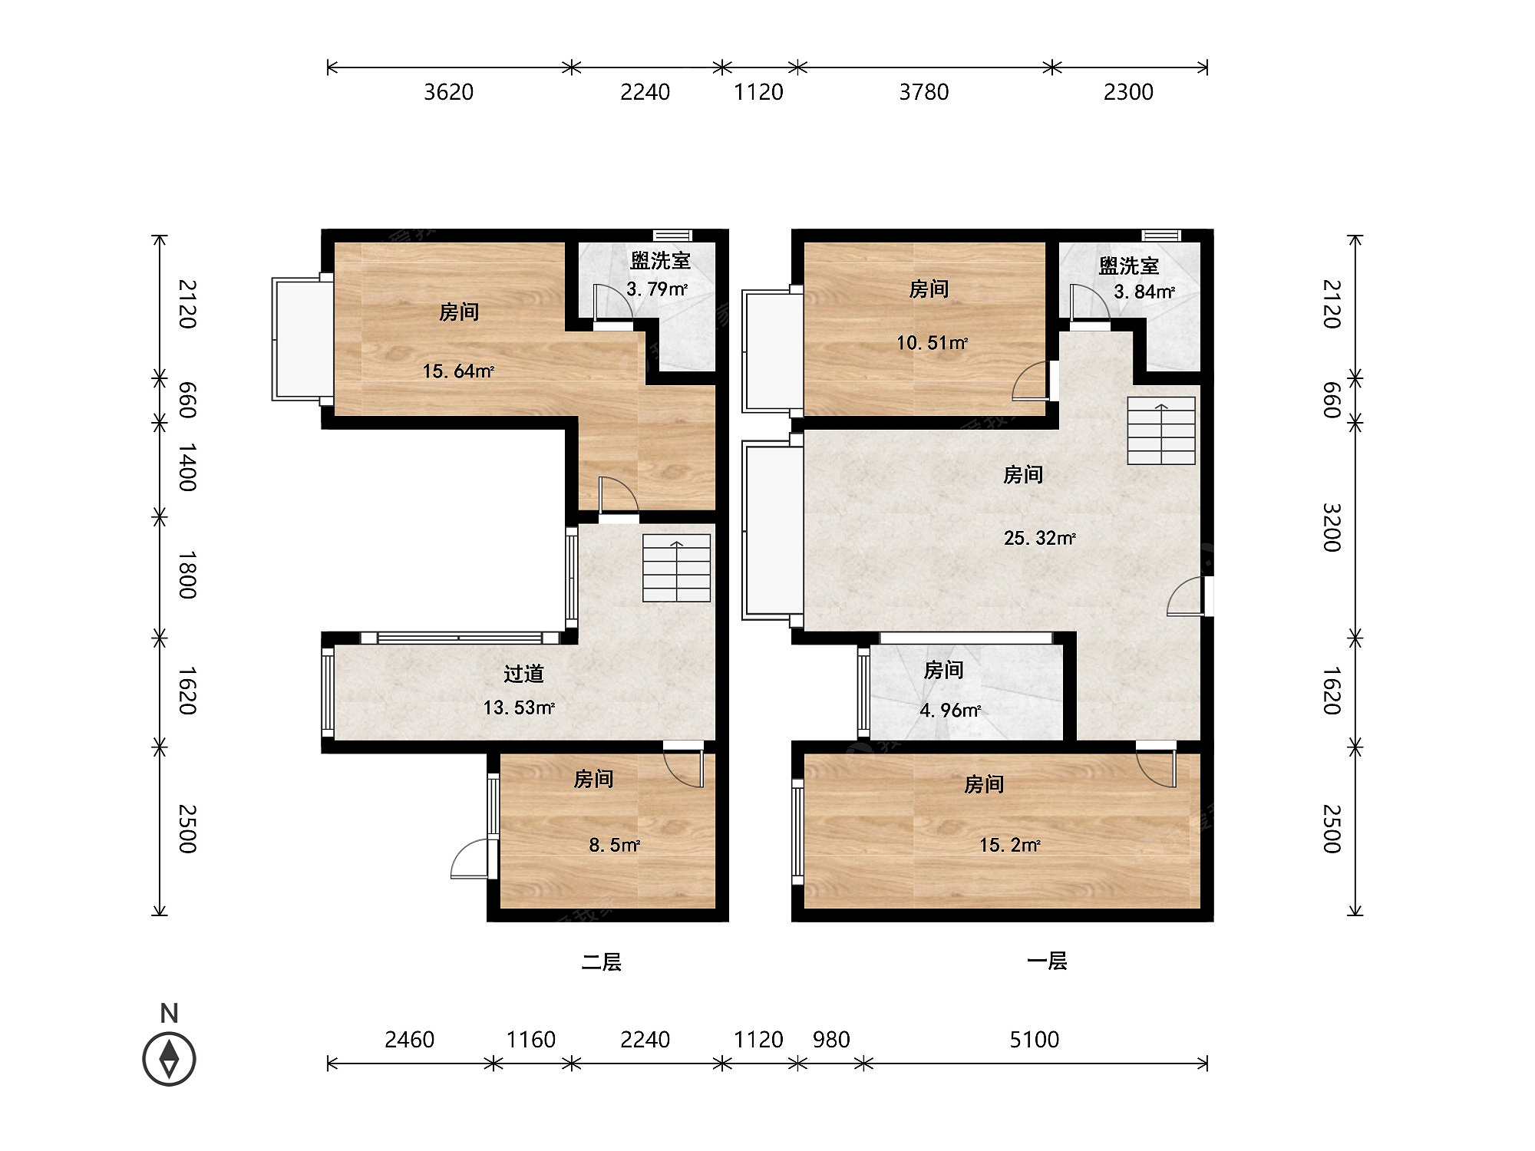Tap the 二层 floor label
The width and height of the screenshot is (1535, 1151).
point(601,961)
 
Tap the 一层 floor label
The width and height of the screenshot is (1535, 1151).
point(1047,961)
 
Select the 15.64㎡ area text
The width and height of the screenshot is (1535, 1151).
point(458,371)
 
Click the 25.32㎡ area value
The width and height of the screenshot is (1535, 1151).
point(1039,538)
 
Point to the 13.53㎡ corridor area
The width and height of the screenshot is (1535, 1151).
point(519,707)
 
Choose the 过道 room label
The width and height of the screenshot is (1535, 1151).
point(523,674)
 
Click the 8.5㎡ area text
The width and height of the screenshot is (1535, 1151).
point(615,845)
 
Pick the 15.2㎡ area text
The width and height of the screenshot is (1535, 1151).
point(1009,845)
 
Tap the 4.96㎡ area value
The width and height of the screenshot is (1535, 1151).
point(950,711)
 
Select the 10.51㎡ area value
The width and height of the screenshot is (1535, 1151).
point(932,342)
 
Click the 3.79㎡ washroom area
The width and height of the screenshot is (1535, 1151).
point(657,289)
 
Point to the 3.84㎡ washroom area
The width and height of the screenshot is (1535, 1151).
point(1144,292)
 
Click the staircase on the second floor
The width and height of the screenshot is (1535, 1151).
point(676,568)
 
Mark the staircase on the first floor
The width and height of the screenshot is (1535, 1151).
point(1161,430)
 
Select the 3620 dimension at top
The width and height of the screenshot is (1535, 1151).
point(449,92)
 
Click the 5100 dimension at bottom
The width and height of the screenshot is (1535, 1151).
point(1035,1040)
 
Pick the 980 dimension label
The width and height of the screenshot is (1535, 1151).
point(831,1040)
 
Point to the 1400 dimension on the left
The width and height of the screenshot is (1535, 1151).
point(187,467)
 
